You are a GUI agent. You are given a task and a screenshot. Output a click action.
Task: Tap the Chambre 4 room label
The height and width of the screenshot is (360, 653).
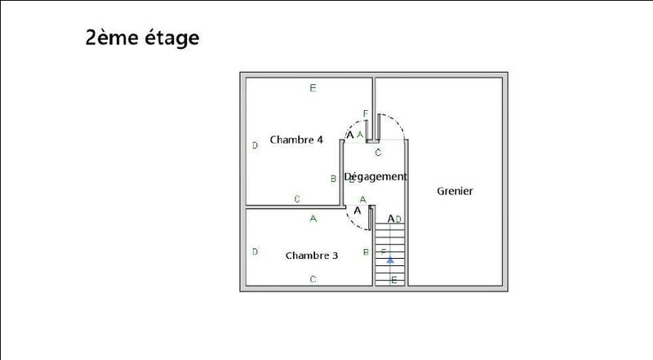296,140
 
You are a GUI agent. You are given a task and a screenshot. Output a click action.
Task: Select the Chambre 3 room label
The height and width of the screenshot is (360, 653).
312,256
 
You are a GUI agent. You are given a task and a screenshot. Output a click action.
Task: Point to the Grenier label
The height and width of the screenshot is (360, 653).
455,191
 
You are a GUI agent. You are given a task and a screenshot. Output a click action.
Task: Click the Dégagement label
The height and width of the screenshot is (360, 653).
375,176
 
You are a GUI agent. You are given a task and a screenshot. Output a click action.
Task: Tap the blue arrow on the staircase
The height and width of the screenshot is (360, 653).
390,260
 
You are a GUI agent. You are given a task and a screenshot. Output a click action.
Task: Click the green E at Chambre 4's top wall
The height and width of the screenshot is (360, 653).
313,88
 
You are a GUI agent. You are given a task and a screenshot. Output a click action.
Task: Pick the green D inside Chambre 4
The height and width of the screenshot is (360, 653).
255,145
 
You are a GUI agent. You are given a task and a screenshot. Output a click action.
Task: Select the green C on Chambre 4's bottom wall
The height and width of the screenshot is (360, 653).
297,198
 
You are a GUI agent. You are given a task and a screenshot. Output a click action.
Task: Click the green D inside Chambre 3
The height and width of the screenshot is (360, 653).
255,251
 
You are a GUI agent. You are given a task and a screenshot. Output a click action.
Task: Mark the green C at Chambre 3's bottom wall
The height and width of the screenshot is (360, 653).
313,279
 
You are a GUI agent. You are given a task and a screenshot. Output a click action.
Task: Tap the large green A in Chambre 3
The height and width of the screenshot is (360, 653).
313,218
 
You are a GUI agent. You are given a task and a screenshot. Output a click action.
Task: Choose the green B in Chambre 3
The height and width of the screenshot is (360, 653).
364,252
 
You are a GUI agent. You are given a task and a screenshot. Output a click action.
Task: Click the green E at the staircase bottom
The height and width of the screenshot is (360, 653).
394,281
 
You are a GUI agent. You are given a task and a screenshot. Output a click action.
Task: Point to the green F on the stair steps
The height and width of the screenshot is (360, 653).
383,252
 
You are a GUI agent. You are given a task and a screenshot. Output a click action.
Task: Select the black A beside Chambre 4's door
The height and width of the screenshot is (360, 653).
351,135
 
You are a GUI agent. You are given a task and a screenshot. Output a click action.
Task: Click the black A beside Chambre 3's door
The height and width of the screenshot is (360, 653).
357,210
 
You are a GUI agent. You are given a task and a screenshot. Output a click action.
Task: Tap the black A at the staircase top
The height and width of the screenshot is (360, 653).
391,218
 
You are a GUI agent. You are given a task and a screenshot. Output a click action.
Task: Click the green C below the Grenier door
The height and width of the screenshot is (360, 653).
378,152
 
